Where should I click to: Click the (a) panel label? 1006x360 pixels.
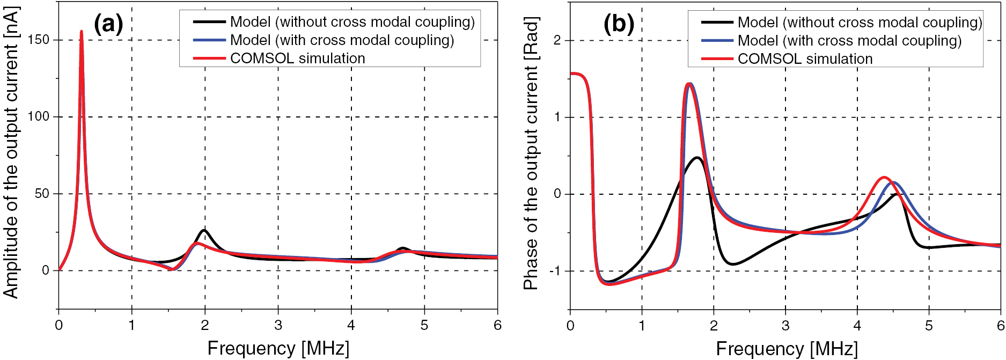tap(108, 24)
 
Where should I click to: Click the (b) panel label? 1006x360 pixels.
tap(619, 24)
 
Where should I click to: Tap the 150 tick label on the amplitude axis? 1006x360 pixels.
tap(38, 40)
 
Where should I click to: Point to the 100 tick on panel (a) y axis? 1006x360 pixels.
tap(38, 116)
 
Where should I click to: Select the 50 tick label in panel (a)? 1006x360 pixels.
tap(42, 194)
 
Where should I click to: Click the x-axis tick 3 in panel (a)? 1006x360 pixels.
tap(278, 325)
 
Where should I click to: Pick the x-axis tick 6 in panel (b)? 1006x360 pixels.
tap(1000, 326)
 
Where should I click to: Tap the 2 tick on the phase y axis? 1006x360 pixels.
tap(557, 40)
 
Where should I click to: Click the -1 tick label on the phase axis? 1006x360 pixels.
tap(555, 271)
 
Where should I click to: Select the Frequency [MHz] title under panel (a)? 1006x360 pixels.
tap(278, 348)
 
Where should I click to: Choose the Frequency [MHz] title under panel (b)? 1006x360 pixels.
tap(787, 349)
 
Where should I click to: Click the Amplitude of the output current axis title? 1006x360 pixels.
tap(11, 153)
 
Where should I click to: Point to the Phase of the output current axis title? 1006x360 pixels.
tap(531, 153)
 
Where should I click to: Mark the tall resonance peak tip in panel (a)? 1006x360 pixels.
tap(82, 31)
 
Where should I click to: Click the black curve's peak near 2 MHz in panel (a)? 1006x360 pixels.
tap(204, 230)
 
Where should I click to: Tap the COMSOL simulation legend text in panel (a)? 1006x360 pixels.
tap(297, 58)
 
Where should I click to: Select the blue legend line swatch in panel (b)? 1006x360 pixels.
tap(717, 41)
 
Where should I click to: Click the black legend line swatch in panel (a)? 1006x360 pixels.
tap(209, 22)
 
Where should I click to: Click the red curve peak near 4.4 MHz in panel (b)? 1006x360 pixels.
tap(884, 177)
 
